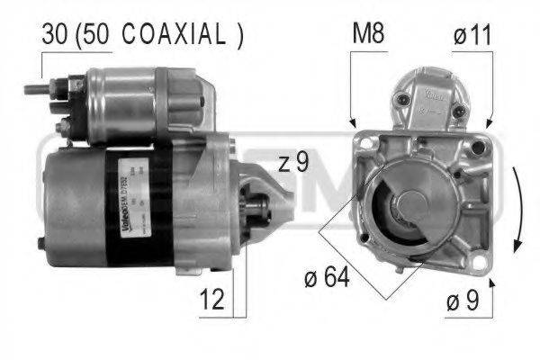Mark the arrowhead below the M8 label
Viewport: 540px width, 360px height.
pos(353,122)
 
